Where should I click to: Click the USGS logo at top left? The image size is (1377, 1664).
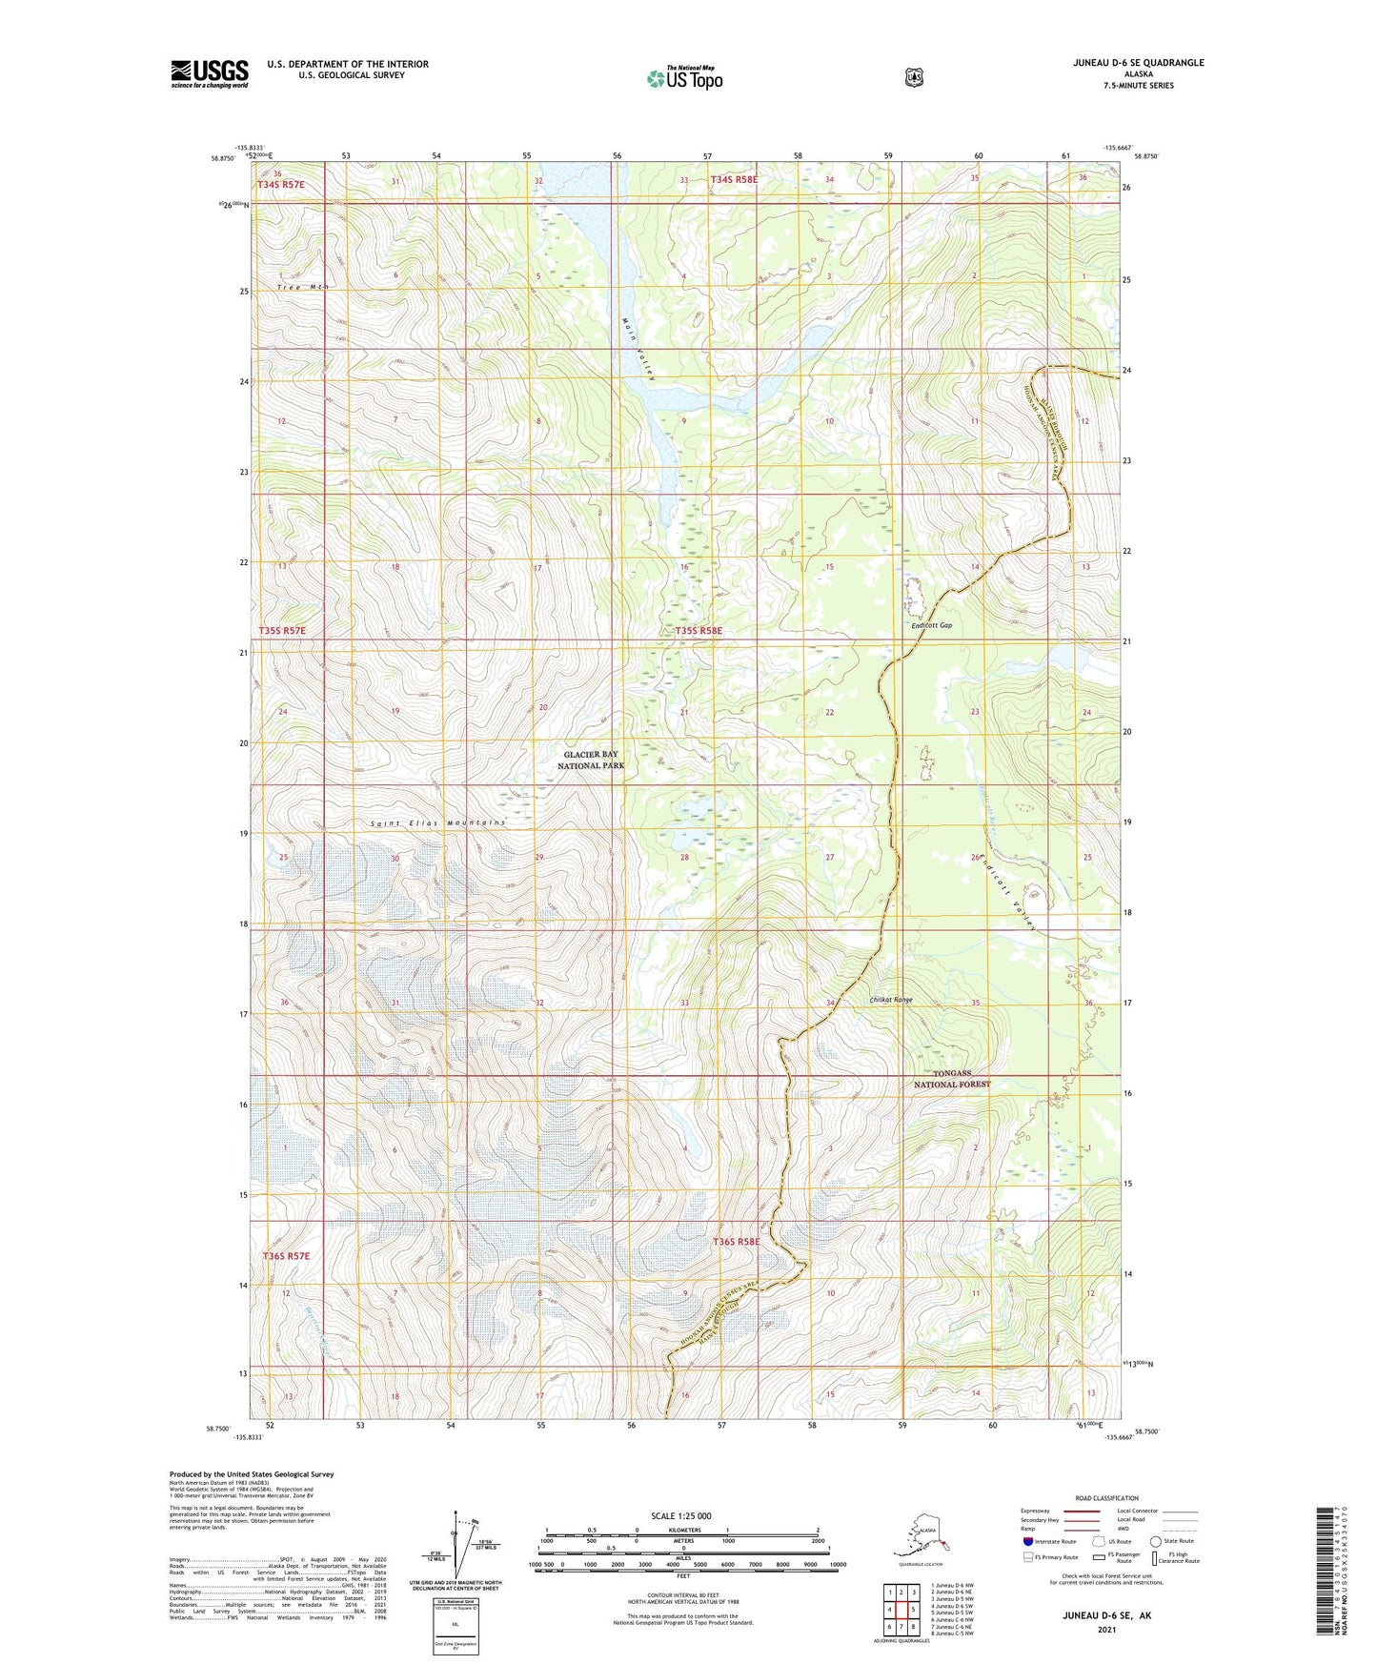[210, 73]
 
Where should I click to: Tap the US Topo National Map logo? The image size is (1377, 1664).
[684, 77]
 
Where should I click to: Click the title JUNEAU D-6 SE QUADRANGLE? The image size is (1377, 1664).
[1137, 63]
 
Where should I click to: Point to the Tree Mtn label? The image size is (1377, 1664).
[303, 287]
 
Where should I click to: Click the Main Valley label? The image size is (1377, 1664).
[638, 350]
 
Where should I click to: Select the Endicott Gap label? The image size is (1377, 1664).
[931, 625]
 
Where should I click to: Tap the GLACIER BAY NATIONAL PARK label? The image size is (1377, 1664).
[591, 760]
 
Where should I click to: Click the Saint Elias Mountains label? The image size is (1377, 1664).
[438, 822]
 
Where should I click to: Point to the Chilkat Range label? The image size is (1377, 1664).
[891, 1000]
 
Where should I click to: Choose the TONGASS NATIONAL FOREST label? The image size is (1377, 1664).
[952, 1079]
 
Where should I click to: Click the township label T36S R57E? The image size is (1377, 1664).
[286, 1256]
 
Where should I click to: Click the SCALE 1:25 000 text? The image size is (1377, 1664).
[680, 1515]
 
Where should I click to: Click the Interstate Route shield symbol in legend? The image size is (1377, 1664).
[1027, 1541]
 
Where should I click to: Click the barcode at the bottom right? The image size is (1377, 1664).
[1325, 1569]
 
